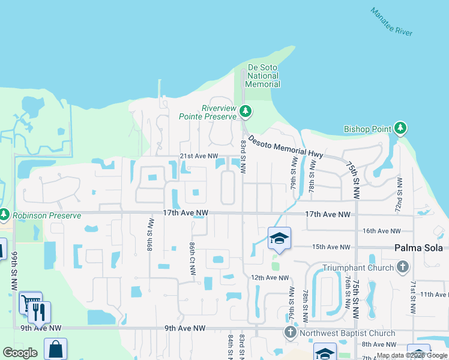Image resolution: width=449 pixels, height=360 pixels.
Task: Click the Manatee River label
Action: coord(391,22)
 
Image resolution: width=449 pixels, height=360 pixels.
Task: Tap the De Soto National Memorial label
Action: coord(263,76)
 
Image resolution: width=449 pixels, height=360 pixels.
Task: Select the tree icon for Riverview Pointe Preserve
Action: coord(245,111)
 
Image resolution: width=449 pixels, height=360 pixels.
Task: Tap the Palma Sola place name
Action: coord(418,248)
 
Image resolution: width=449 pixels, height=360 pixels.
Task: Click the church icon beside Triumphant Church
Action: coord(402,266)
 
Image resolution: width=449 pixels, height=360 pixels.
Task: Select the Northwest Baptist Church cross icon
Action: coord(291,332)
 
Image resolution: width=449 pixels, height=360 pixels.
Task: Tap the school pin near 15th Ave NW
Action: coord(279,239)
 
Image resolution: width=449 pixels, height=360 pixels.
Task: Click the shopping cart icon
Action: coord(30,302)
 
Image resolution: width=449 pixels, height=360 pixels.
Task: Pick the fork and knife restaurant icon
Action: coord(40,311)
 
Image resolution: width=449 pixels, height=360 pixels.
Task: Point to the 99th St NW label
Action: coord(13,270)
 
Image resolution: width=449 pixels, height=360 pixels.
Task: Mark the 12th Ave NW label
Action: coord(270,278)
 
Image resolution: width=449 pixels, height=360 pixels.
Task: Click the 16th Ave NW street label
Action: coord(381,231)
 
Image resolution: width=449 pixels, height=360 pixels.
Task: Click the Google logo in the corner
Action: coord(20,353)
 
